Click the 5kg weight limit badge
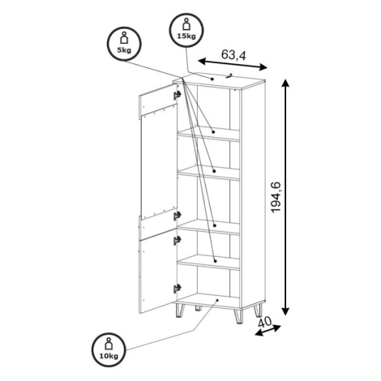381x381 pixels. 125,44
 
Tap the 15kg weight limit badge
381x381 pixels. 186,30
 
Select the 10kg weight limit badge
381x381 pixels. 109,349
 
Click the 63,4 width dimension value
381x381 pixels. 233,55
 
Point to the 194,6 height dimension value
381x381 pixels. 276,198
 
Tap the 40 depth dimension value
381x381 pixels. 265,322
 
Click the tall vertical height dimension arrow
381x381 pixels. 286,197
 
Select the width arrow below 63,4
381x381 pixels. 233,64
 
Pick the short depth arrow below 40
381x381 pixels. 268,331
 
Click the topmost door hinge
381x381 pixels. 177,95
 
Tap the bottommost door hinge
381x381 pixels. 177,289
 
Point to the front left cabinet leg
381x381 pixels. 179,310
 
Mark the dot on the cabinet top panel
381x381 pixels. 212,79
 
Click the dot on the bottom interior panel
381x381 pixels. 217,300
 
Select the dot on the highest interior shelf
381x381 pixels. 213,132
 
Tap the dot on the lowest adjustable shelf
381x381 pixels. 216,261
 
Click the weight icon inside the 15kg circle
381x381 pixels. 186,24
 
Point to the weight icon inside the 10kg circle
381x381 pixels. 109,344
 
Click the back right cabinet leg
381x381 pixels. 258,310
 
